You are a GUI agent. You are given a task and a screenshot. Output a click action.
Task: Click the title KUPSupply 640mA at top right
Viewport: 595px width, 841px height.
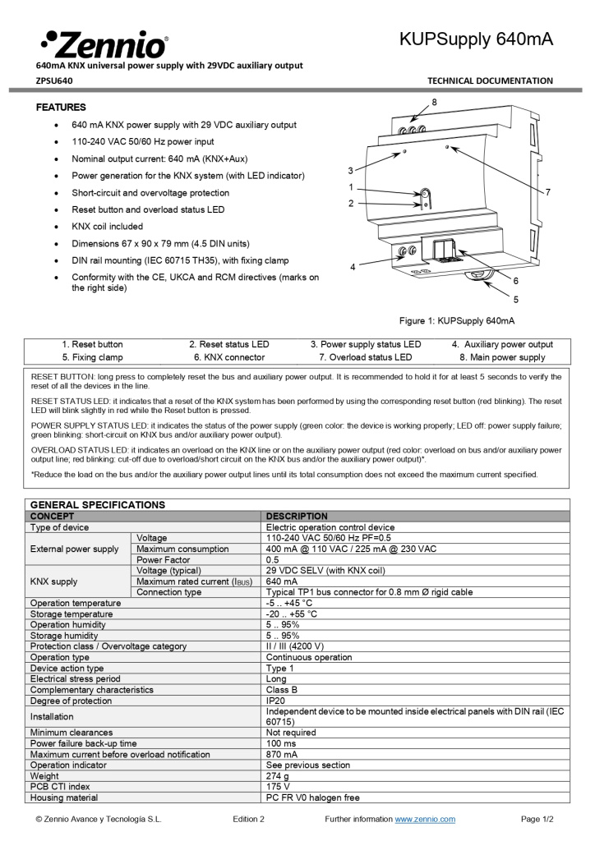pos(476,39)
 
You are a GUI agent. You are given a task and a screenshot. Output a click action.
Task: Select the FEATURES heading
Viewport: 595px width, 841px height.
pos(61,108)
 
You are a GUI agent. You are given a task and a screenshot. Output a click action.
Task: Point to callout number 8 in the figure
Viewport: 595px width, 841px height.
pos(434,101)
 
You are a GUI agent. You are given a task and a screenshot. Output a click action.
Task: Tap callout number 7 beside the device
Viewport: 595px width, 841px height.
pos(547,191)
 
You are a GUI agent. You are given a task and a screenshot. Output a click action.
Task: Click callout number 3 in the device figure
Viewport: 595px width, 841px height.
pos(350,171)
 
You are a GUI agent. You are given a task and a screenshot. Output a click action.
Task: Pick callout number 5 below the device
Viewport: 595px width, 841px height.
pos(516,300)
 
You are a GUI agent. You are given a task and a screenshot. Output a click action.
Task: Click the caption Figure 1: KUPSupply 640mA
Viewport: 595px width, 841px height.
pos(456,320)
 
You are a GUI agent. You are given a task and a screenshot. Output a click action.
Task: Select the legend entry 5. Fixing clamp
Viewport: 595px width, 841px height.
pos(92,357)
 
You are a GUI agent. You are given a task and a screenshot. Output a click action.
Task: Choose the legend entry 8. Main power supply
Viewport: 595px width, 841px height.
pos(502,357)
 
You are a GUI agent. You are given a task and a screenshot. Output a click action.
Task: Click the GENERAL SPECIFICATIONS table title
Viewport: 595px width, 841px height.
pos(98,504)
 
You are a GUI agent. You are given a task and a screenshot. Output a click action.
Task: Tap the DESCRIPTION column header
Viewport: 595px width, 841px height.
pos(297,516)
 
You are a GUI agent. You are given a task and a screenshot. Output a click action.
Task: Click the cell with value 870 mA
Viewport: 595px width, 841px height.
pos(282,754)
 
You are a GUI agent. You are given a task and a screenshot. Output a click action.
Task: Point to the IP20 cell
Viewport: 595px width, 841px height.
pos(275,701)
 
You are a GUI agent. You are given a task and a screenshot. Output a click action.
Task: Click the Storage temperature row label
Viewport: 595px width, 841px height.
pos(71,614)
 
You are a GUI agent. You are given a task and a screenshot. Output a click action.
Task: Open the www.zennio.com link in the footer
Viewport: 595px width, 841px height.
pos(425,819)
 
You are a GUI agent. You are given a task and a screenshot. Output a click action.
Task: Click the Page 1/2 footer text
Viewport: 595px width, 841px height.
pos(537,819)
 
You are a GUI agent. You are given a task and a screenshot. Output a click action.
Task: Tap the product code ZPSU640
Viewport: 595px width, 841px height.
pos(54,80)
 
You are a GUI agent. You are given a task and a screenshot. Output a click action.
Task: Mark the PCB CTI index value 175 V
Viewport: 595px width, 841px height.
pos(279,786)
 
